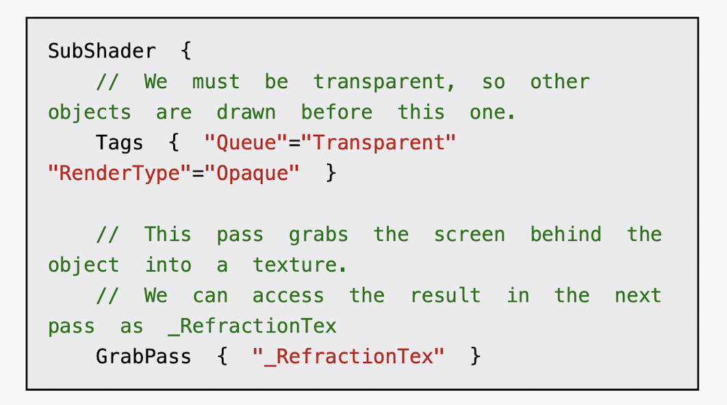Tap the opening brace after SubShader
(186, 51)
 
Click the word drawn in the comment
(246, 112)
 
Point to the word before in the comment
(337, 112)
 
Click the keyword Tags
(120, 143)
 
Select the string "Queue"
(246, 143)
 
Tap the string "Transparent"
(379, 143)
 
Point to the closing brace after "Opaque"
(331, 173)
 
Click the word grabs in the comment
(318, 235)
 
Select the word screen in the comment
(470, 235)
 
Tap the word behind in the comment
(566, 235)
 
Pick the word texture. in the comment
(299, 265)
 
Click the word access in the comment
(288, 296)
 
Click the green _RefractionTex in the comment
(252, 326)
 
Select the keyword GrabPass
(144, 356)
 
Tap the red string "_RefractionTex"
(348, 356)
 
